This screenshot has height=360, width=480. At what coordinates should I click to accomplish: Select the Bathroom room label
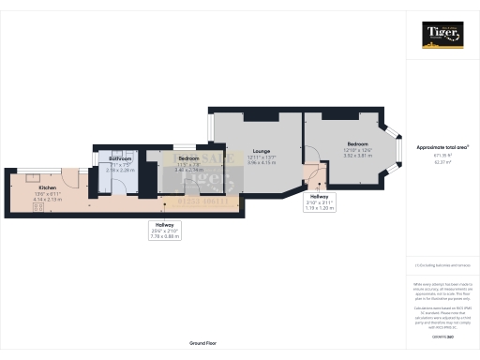(120, 164)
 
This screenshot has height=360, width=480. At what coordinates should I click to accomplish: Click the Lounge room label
(260, 150)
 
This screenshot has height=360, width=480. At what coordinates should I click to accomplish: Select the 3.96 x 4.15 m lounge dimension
(260, 163)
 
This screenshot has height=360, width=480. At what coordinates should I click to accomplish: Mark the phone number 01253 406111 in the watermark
(202, 202)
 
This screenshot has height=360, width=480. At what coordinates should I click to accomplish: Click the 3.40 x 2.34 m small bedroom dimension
(190, 171)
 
